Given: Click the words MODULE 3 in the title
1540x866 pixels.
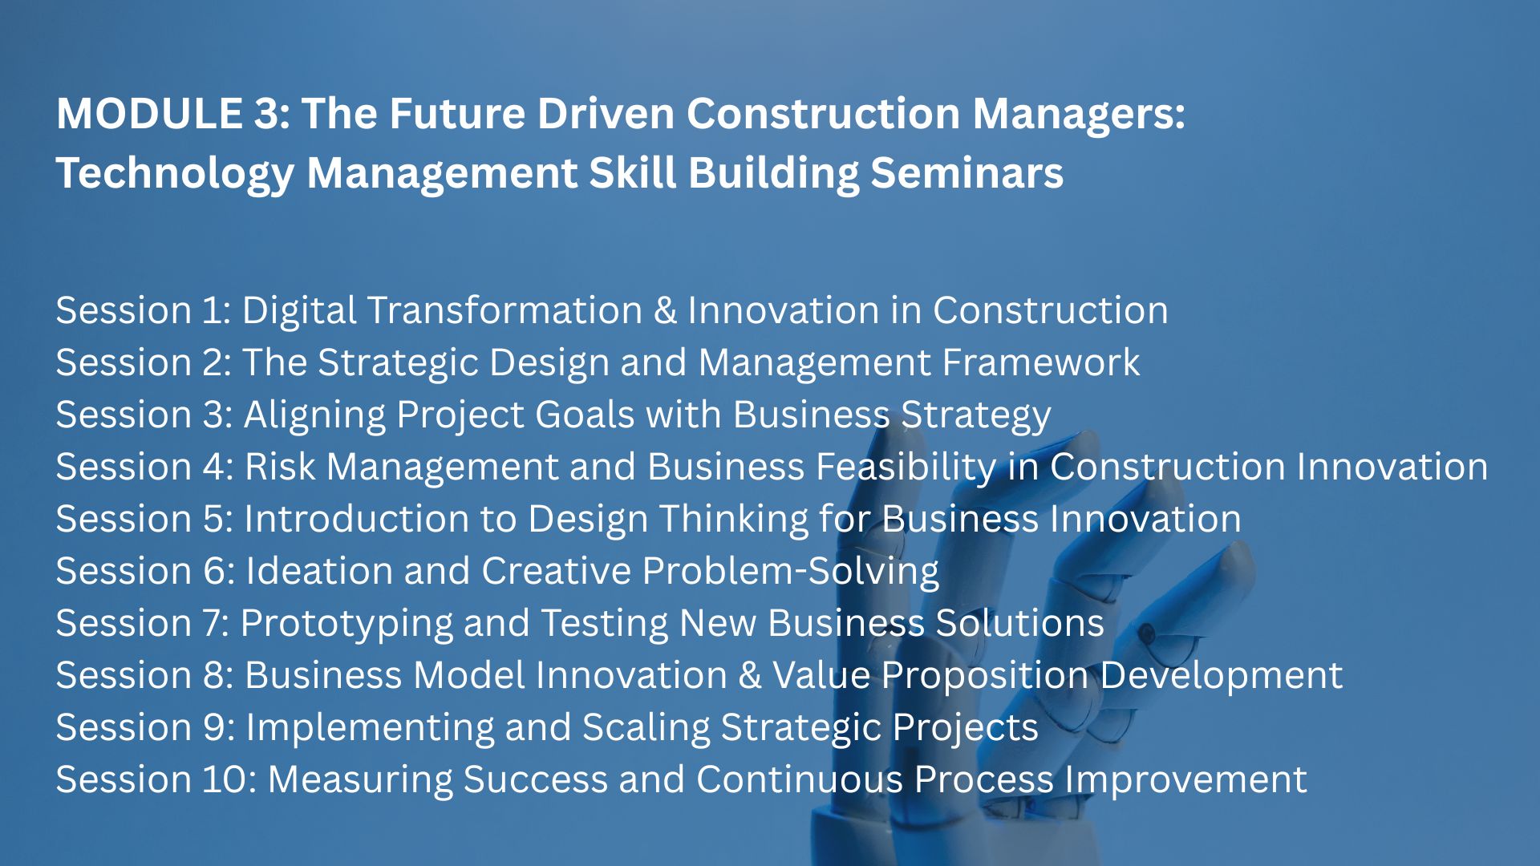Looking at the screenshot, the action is pos(173,113).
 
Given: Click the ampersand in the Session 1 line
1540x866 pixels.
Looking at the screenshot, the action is pos(665,311).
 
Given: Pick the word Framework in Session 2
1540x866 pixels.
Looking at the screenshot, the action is pos(1041,362).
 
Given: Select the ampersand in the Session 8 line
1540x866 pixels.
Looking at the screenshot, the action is pos(750,676).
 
